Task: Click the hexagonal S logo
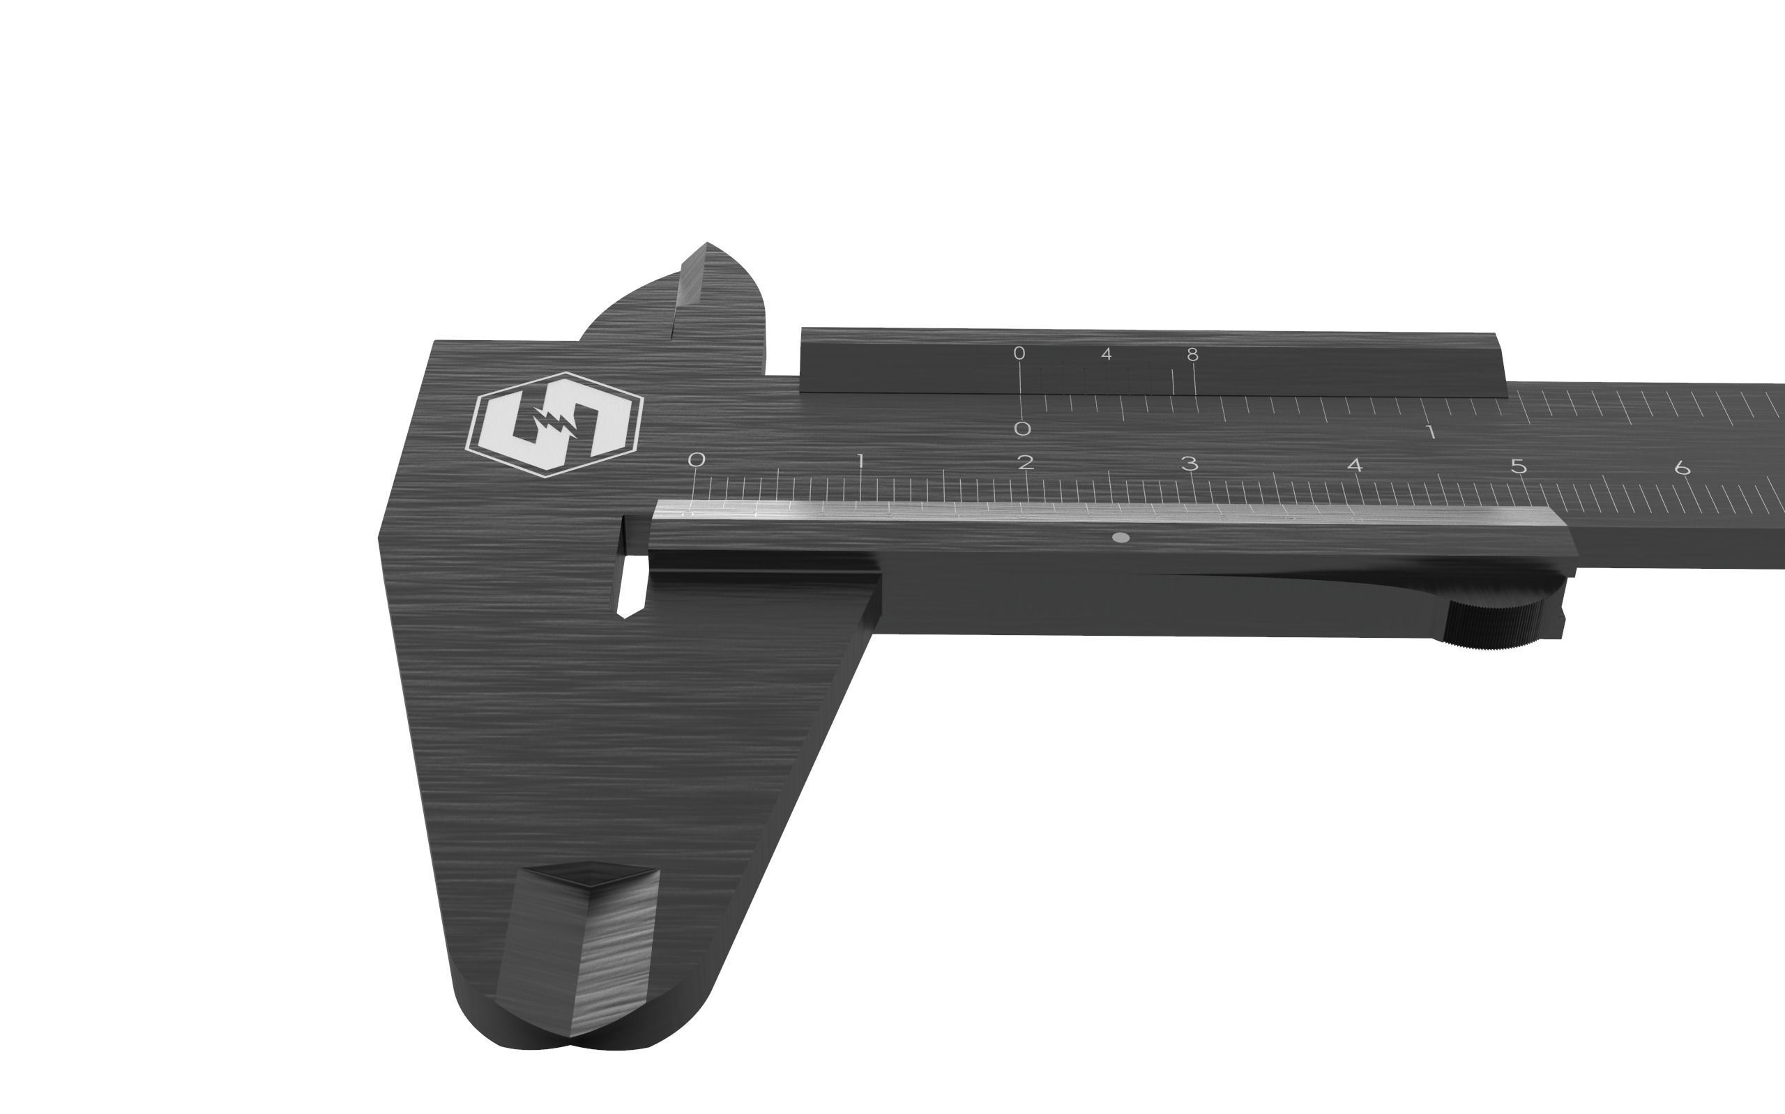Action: pyautogui.click(x=554, y=425)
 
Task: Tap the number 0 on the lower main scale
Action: pyautogui.click(x=696, y=459)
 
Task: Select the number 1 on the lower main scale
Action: pyautogui.click(x=860, y=462)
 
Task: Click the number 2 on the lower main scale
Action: pyautogui.click(x=1025, y=463)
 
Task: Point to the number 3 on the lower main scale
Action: pyautogui.click(x=1189, y=464)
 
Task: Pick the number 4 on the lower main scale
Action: pyautogui.click(x=1354, y=466)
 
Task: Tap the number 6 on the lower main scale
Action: pyautogui.click(x=1682, y=468)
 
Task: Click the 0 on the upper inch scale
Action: pyautogui.click(x=1021, y=428)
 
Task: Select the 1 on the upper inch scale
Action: pyautogui.click(x=1431, y=432)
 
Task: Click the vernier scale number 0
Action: pyautogui.click(x=1019, y=353)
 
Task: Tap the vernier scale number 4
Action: pyautogui.click(x=1106, y=354)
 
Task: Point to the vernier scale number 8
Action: pyautogui.click(x=1192, y=354)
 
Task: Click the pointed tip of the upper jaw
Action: pyautogui.click(x=706, y=245)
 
